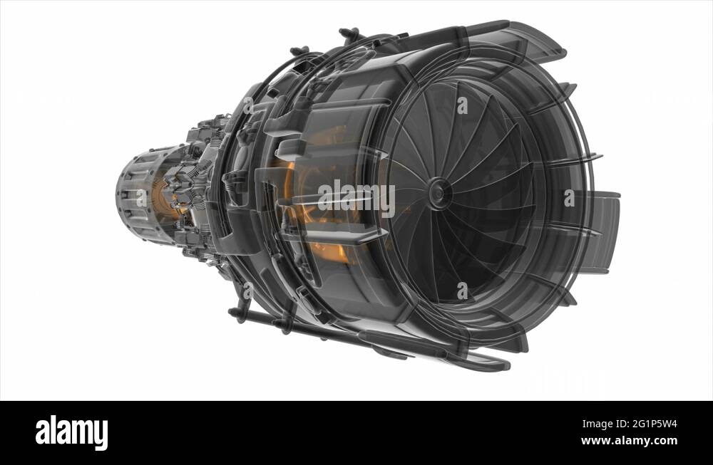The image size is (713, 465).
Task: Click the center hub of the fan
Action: click(x=439, y=193)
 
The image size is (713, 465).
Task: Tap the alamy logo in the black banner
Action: click(x=71, y=432)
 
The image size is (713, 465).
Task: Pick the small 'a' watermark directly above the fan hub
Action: click(x=462, y=106)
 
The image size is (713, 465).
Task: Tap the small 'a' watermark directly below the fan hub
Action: click(x=462, y=290)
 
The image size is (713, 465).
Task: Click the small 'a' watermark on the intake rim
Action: click(x=569, y=198)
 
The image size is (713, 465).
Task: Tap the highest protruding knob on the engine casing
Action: click(x=349, y=33)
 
